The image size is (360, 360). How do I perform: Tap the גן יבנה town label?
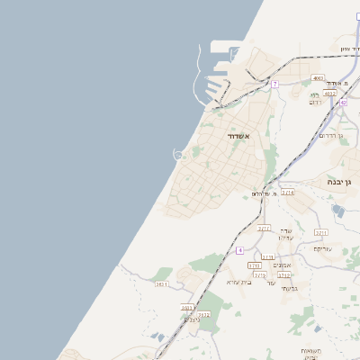[345, 182]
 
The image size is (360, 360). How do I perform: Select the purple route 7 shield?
[274, 84]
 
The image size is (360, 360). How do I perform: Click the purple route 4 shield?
[239, 250]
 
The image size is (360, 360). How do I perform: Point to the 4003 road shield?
[318, 78]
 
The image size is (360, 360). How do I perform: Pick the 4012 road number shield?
[329, 93]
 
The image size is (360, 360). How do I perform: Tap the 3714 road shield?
[287, 192]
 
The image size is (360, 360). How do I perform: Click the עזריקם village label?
[323, 248]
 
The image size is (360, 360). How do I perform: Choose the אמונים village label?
[282, 265]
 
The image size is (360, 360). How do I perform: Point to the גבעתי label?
[288, 288]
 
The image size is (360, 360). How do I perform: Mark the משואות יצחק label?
[310, 351]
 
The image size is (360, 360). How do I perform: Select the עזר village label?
[270, 283]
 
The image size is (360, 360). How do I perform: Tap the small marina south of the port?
[178, 155]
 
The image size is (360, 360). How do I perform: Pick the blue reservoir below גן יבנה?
[337, 211]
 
